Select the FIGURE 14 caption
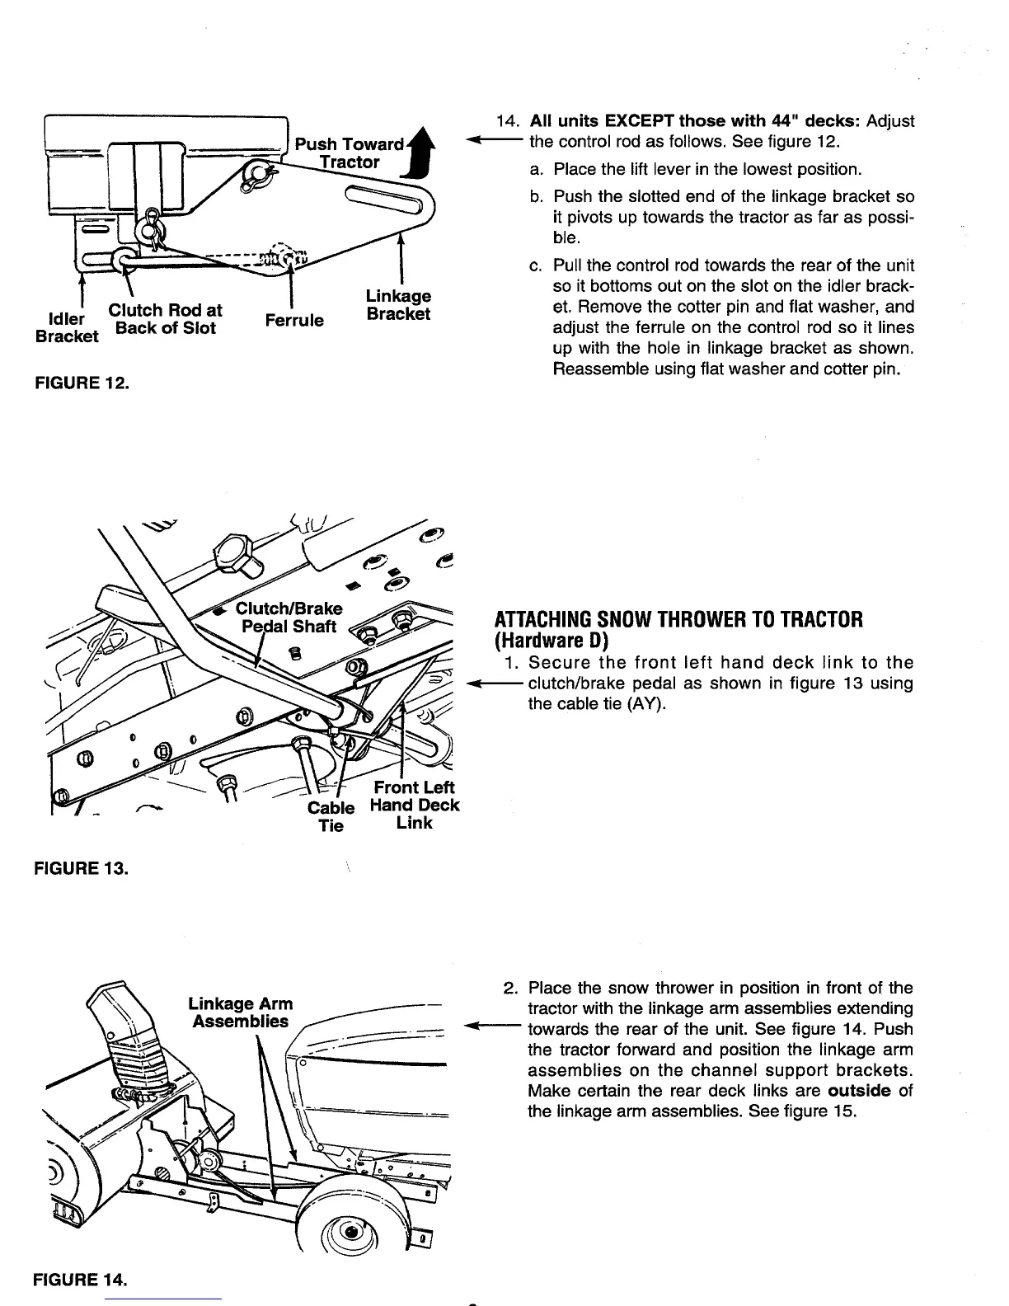click(x=81, y=1280)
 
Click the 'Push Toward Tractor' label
click(x=350, y=153)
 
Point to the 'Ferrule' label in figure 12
click(x=294, y=319)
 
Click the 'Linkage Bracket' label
click(x=398, y=305)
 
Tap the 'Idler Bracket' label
click(x=67, y=327)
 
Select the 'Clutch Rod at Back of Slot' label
click(x=166, y=319)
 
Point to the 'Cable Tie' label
click(x=331, y=815)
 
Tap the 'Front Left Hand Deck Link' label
click(x=414, y=805)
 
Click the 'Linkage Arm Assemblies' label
click(x=240, y=1012)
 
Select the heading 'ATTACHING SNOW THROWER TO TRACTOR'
click(x=678, y=620)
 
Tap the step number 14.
click(x=507, y=122)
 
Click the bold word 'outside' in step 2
click(x=861, y=1091)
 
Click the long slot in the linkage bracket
click(x=383, y=200)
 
